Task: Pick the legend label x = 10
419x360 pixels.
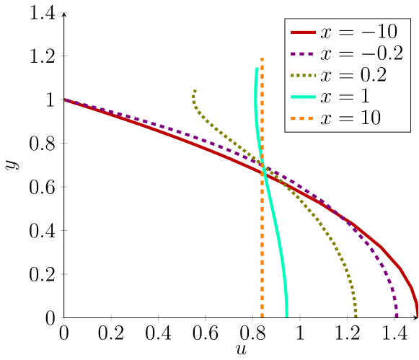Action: click(351, 118)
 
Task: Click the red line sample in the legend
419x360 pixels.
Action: click(303, 33)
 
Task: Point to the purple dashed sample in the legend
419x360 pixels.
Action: click(303, 54)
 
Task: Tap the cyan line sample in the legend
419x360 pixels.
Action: click(303, 97)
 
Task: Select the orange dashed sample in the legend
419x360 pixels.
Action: click(303, 118)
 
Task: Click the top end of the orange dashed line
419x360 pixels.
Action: click(262, 58)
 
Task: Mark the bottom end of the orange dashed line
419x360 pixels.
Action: click(262, 317)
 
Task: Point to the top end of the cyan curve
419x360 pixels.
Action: click(257, 68)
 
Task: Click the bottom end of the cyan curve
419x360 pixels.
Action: click(286, 316)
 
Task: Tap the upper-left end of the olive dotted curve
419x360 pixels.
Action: click(195, 90)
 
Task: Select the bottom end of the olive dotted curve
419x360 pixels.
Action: click(356, 316)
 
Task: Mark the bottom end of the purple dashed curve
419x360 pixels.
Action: click(397, 316)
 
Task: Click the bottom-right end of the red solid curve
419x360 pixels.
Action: click(417, 315)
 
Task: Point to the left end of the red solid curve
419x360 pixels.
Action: click(65, 100)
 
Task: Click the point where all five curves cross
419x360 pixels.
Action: click(263, 168)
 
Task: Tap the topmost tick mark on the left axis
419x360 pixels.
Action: click(64, 12)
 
